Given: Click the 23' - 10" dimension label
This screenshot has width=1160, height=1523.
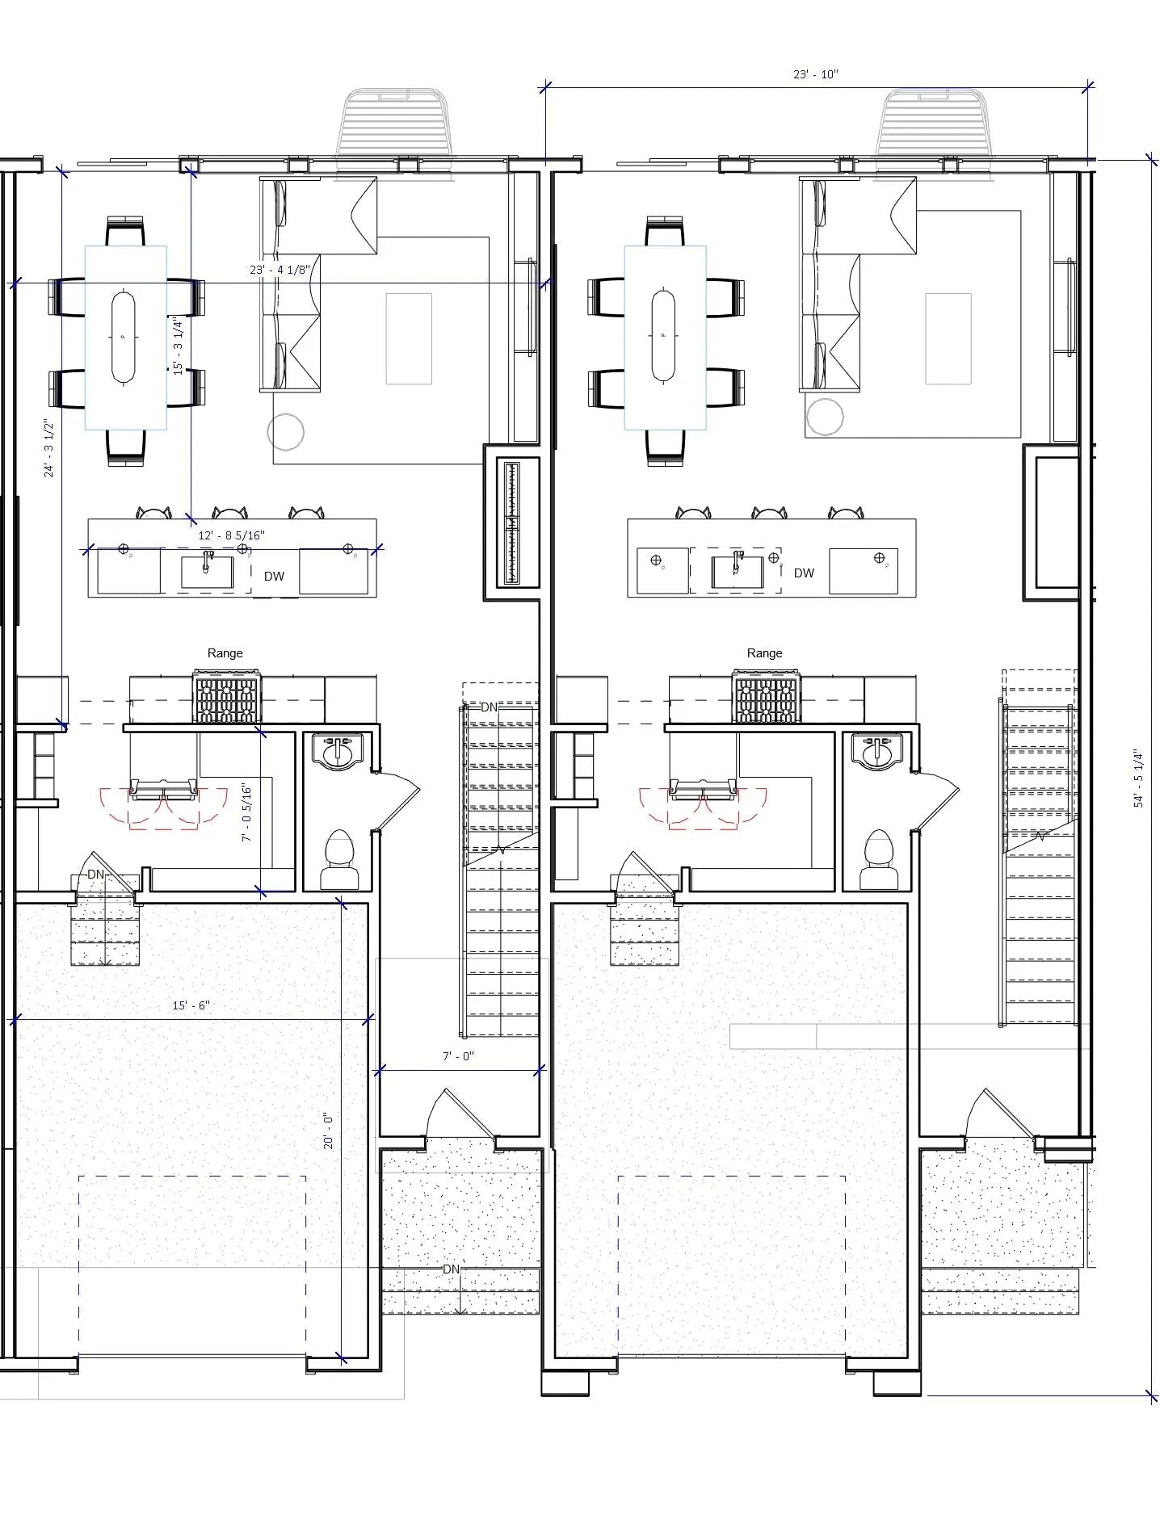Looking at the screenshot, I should [x=815, y=74].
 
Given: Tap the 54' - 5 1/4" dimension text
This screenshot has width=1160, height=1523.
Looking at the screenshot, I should [x=1138, y=778].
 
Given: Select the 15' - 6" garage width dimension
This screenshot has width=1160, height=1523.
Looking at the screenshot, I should [x=191, y=1005].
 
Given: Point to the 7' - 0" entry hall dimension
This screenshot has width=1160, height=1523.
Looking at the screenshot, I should [x=458, y=1056].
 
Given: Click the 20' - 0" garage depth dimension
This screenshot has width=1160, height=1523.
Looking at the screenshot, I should [x=329, y=1131].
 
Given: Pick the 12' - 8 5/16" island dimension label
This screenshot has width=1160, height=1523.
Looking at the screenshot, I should [x=231, y=535].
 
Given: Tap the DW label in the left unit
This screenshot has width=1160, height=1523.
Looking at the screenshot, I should [x=274, y=576].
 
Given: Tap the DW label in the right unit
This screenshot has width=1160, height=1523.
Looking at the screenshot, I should [x=804, y=573].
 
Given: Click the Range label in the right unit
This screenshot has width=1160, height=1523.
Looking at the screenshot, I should [x=764, y=652].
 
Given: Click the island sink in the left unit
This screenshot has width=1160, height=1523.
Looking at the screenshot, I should [x=206, y=572].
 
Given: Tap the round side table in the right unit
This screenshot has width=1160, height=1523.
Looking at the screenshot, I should [x=824, y=417].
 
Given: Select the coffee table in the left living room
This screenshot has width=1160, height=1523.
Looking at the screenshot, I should [x=409, y=338].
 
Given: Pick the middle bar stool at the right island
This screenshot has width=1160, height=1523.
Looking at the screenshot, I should [x=769, y=513].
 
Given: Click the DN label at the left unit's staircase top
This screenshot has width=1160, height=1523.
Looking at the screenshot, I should [x=489, y=707].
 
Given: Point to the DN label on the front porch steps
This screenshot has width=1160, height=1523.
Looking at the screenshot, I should [x=451, y=1269].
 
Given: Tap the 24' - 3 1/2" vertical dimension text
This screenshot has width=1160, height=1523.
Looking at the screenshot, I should [x=50, y=448].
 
